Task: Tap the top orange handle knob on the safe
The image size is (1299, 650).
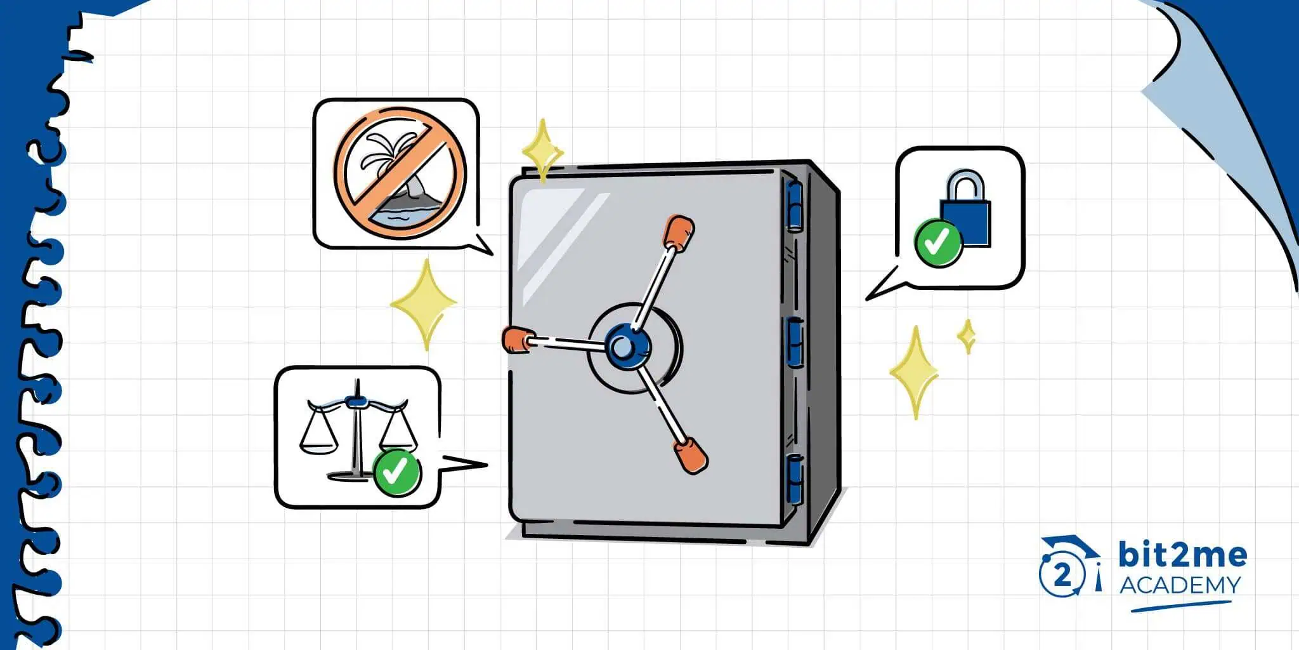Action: click(678, 232)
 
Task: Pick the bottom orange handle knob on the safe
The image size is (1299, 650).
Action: click(690, 454)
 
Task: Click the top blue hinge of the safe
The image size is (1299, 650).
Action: click(793, 205)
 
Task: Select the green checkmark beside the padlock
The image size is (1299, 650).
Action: click(937, 242)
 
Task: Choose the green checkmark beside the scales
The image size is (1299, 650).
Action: click(396, 472)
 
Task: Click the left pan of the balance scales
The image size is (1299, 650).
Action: click(317, 438)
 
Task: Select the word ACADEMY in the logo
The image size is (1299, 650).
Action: click(1179, 585)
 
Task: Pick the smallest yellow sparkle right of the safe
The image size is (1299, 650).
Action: click(967, 336)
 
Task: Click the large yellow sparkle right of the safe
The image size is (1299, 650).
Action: click(915, 371)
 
